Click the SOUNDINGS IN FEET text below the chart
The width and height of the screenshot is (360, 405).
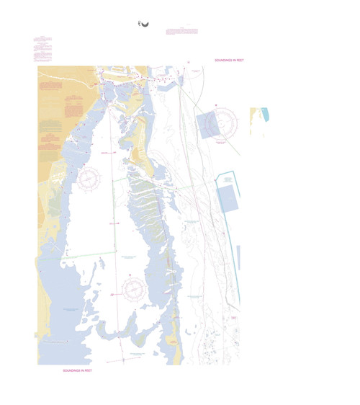tap(77, 370)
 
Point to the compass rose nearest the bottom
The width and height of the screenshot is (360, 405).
tap(134, 289)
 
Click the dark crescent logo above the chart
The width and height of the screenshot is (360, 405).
tap(144, 26)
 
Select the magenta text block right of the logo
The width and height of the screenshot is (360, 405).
tap(181, 31)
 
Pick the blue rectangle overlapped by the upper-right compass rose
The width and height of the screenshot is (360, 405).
tap(209, 124)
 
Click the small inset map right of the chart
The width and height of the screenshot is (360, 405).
tap(258, 120)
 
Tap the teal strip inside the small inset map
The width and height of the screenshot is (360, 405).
tap(265, 114)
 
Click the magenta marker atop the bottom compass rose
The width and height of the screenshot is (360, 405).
tap(134, 276)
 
